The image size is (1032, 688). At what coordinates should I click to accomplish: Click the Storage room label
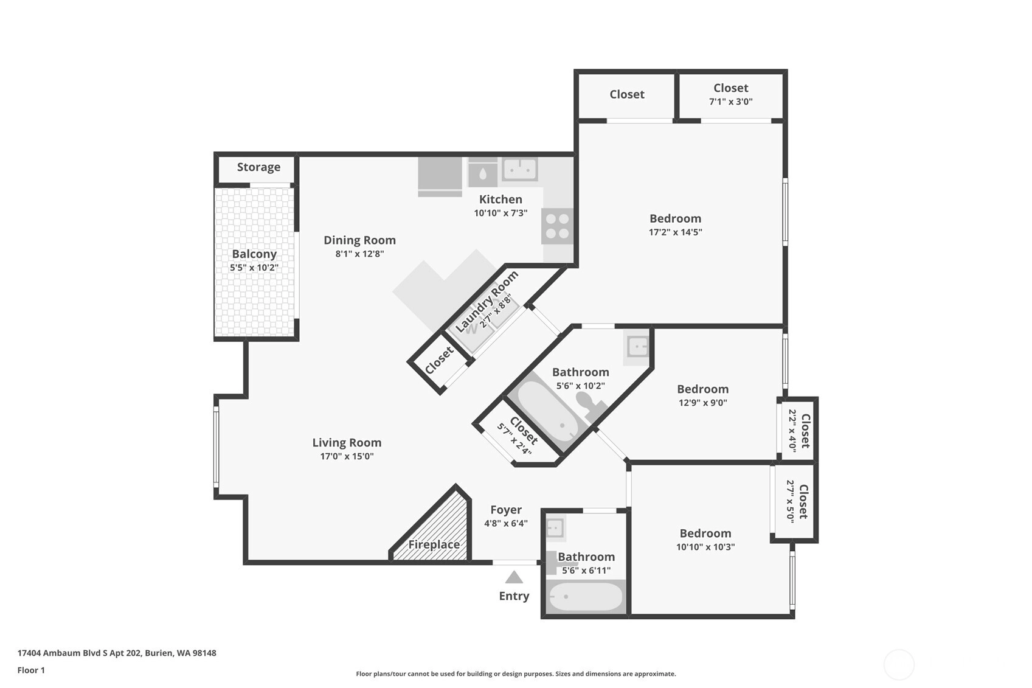tap(258, 167)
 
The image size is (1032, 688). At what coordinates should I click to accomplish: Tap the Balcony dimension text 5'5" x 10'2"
tap(254, 267)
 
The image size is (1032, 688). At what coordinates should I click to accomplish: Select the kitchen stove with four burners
tap(558, 226)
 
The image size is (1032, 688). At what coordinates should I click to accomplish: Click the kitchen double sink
tap(520, 169)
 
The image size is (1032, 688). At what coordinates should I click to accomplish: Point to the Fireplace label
tap(434, 544)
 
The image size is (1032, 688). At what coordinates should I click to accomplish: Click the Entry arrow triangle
tap(514, 577)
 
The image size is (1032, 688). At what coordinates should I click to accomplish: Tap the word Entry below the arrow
tap(514, 596)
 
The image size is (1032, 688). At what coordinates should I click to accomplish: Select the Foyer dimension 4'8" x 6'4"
tap(506, 523)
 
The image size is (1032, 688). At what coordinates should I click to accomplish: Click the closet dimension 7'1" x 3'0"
tap(731, 102)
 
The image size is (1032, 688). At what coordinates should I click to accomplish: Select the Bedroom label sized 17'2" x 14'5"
tap(676, 218)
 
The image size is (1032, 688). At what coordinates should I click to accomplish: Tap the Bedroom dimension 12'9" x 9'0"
tap(703, 402)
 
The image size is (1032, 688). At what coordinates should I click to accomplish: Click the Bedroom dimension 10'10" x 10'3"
tap(705, 547)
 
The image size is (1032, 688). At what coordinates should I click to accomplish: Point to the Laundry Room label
tap(487, 301)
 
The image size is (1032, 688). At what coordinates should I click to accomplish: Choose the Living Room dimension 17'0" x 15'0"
tap(347, 456)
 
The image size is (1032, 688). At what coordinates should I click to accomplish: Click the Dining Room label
tap(360, 240)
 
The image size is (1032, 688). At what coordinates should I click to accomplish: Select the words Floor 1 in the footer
tap(32, 670)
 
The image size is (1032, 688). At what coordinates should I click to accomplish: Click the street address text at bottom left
tap(117, 653)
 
